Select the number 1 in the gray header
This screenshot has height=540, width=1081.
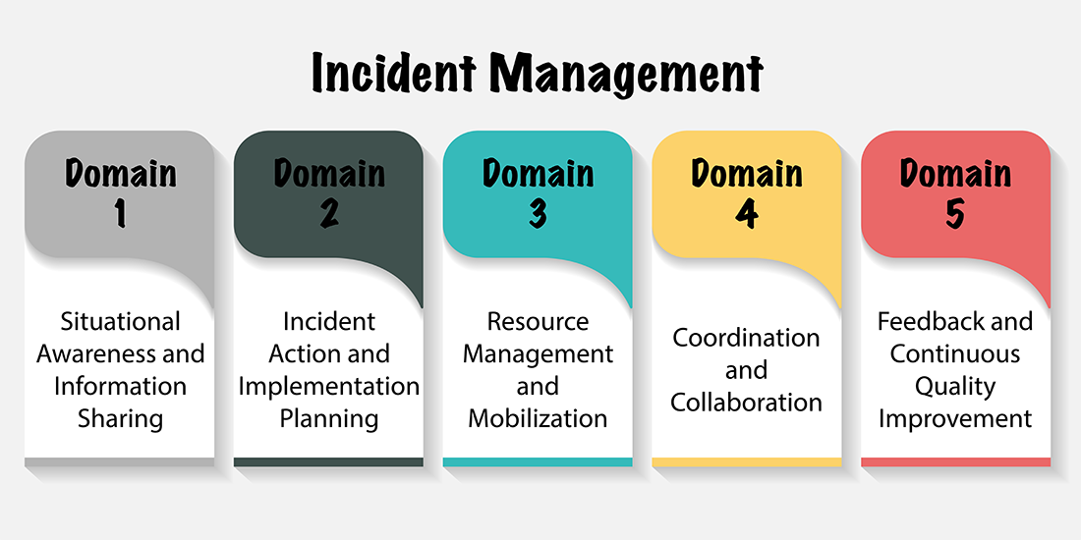121,212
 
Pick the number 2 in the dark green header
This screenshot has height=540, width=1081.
329,212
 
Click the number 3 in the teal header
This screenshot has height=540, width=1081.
538,212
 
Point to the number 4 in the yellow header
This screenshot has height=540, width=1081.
747,212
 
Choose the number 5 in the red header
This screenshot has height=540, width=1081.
955,212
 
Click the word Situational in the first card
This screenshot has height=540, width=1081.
120,321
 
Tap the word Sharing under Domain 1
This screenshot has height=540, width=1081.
120,419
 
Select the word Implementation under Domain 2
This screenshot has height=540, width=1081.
329,387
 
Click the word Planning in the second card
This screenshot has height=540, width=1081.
329,419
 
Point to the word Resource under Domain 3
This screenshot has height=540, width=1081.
538,321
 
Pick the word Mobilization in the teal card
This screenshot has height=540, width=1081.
538,419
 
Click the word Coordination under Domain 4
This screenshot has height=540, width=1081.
747,338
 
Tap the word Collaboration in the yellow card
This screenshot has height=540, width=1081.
747,403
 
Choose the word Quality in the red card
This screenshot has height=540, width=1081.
955,387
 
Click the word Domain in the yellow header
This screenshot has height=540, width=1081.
747,173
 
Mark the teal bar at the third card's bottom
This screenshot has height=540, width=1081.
538,461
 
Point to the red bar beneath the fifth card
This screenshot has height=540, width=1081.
955,461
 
